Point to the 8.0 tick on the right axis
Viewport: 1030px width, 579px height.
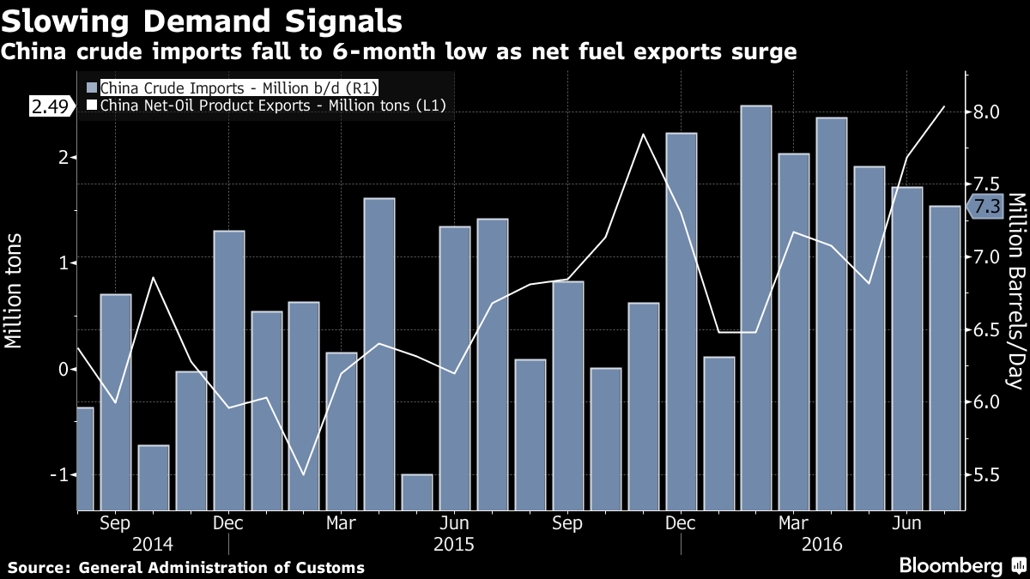point(987,112)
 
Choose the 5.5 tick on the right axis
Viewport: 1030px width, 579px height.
point(987,475)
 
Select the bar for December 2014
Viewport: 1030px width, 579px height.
point(229,369)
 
